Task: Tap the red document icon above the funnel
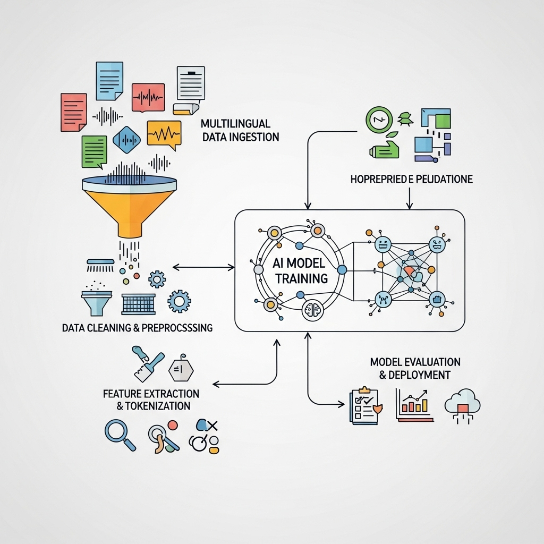click(73, 112)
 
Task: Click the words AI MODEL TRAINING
click(300, 270)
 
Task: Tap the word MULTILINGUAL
click(235, 124)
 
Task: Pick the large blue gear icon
click(179, 302)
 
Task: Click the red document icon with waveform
click(148, 97)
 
